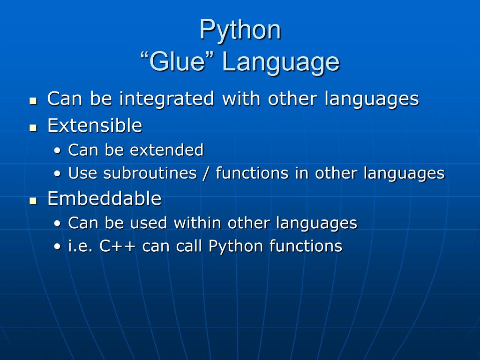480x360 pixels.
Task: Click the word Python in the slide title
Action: pyautogui.click(x=240, y=30)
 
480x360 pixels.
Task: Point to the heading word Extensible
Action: pyautogui.click(x=95, y=126)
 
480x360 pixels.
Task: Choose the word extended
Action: pyautogui.click(x=167, y=150)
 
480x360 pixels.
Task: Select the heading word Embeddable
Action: pyautogui.click(x=104, y=199)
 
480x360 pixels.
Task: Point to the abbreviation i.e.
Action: pyautogui.click(x=81, y=246)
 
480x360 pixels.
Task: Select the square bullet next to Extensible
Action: pyautogui.click(x=33, y=127)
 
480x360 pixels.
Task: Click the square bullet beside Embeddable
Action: pyautogui.click(x=33, y=200)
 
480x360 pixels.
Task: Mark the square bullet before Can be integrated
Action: pyautogui.click(x=33, y=100)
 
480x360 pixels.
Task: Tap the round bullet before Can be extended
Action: pyautogui.click(x=57, y=151)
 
